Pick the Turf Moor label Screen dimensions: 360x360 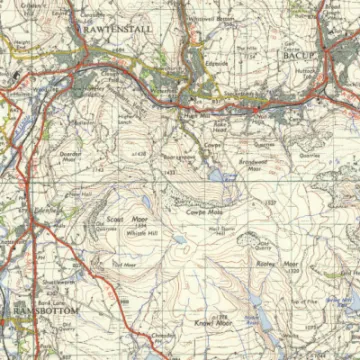pos(123,264)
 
